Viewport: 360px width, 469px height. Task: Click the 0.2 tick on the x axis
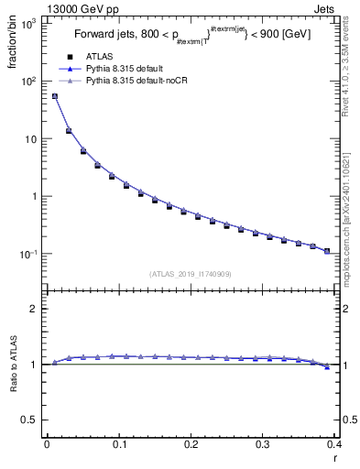pyautogui.click(x=191, y=448)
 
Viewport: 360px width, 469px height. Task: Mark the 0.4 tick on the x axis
pyautogui.click(x=334, y=448)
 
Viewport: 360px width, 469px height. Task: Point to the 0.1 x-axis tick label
pyautogui.click(x=118, y=448)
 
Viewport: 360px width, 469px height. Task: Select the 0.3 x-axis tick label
pyautogui.click(x=263, y=448)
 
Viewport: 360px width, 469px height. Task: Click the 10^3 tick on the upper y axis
pyautogui.click(x=28, y=24)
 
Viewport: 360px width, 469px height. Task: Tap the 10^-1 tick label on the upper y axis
pyautogui.click(x=28, y=254)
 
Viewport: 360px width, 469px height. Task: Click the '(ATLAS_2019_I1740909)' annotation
pyautogui.click(x=190, y=273)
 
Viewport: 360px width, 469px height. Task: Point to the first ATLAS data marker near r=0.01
pyautogui.click(x=54, y=96)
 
